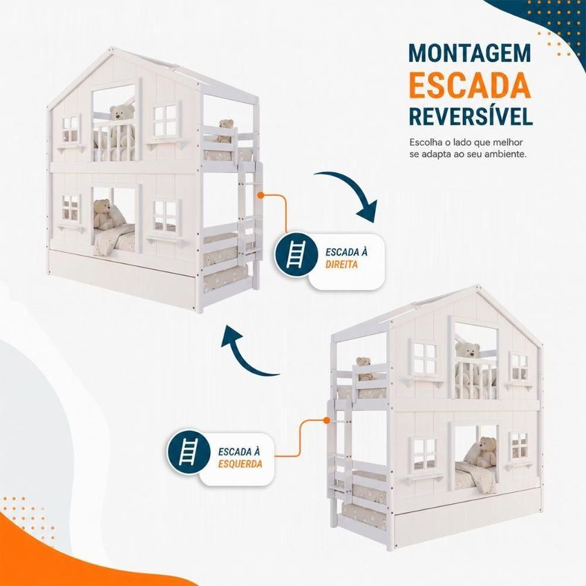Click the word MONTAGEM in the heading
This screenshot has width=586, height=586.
(470, 53)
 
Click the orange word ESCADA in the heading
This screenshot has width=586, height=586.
(470, 85)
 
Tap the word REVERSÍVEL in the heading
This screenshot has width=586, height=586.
(471, 116)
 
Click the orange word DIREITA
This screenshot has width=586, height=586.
(341, 265)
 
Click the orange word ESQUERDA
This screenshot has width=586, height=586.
(240, 464)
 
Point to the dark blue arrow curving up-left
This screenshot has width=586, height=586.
(243, 355)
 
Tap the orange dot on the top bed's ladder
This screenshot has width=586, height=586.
(261, 195)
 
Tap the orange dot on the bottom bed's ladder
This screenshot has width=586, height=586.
(326, 420)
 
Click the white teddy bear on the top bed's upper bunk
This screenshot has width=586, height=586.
(122, 122)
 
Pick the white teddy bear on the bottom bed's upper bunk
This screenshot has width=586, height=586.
(468, 359)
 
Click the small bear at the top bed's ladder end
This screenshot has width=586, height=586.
(225, 131)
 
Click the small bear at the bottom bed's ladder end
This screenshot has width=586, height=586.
(363, 368)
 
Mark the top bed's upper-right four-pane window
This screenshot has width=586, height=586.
(165, 122)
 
